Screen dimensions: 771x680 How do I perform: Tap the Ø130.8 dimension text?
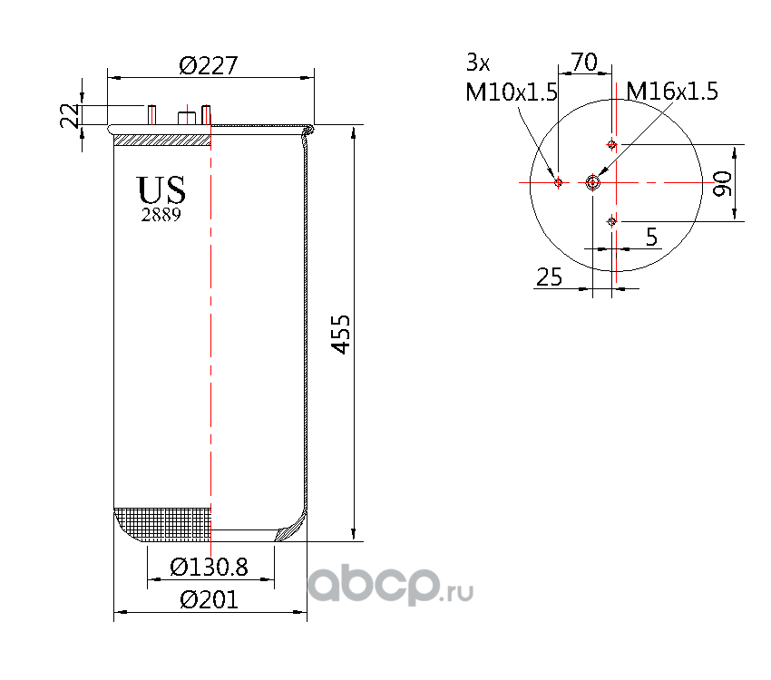210,568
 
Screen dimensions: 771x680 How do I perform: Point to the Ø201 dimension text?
209,600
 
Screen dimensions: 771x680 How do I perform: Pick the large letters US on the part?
161,190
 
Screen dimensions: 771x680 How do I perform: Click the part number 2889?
161,215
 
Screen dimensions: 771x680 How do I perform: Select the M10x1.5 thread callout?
511,92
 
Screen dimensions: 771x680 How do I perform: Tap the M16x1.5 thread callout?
672,92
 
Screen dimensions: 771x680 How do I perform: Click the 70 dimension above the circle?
583,63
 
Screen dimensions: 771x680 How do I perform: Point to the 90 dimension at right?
723,182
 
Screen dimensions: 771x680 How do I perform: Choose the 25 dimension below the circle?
549,277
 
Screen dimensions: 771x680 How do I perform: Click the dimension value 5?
651,237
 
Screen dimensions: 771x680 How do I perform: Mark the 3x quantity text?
477,63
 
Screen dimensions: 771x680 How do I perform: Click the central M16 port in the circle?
593,182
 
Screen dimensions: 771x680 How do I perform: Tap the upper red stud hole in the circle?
612,145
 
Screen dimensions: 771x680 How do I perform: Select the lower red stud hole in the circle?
612,220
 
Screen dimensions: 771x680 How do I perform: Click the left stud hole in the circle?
559,182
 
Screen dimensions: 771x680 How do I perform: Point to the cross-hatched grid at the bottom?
163,524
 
